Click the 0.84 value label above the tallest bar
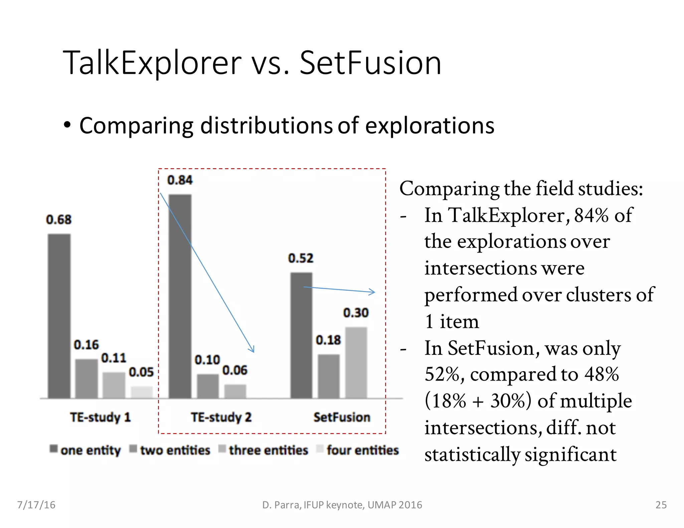coord(180,180)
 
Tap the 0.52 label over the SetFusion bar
coord(301,258)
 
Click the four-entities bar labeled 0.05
coord(141,392)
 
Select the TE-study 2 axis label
coord(221,417)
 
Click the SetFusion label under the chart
coord(342,417)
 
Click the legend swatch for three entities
coord(222,449)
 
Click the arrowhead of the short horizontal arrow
coord(373,292)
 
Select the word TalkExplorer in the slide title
coord(152,62)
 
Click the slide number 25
coord(661,505)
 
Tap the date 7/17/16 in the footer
coord(36,505)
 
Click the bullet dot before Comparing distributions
coord(67,125)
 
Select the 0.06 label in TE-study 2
coord(235,370)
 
